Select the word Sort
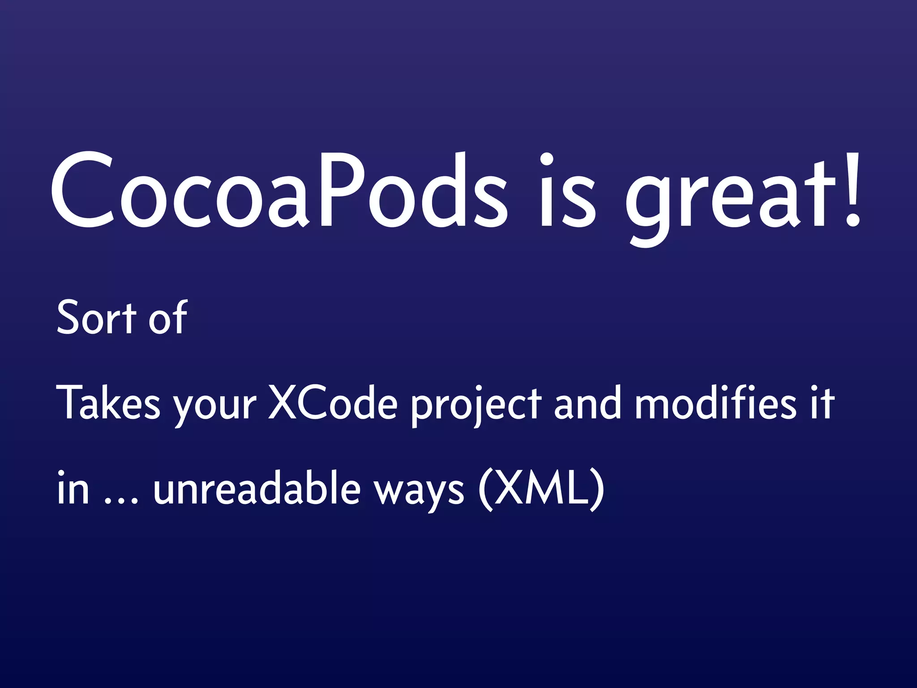pos(96,318)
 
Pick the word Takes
pos(108,403)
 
